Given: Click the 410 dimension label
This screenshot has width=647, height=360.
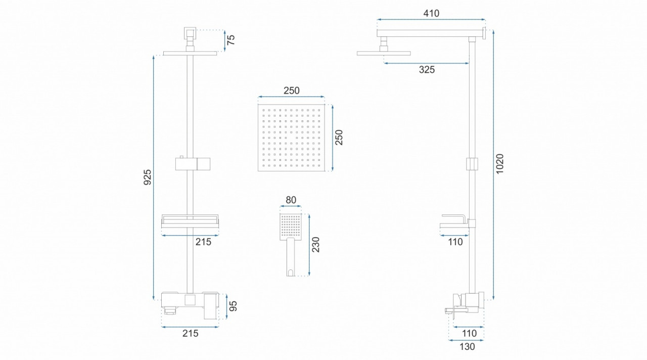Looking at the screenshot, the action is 431,13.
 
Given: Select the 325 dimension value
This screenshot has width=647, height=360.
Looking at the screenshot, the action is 427,70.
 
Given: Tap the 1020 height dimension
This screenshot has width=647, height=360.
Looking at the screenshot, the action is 500,164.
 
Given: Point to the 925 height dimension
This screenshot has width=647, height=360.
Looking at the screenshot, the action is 148,177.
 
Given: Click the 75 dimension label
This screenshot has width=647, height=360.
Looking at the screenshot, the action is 231,39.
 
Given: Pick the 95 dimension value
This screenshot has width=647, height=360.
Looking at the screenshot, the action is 233,306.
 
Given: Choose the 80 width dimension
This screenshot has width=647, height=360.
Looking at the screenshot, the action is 291,200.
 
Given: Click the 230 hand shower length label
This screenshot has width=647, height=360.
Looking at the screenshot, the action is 316,244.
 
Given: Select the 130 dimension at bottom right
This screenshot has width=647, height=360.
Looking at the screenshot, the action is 467,346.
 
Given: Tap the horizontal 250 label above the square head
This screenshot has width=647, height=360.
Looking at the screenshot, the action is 292,91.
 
